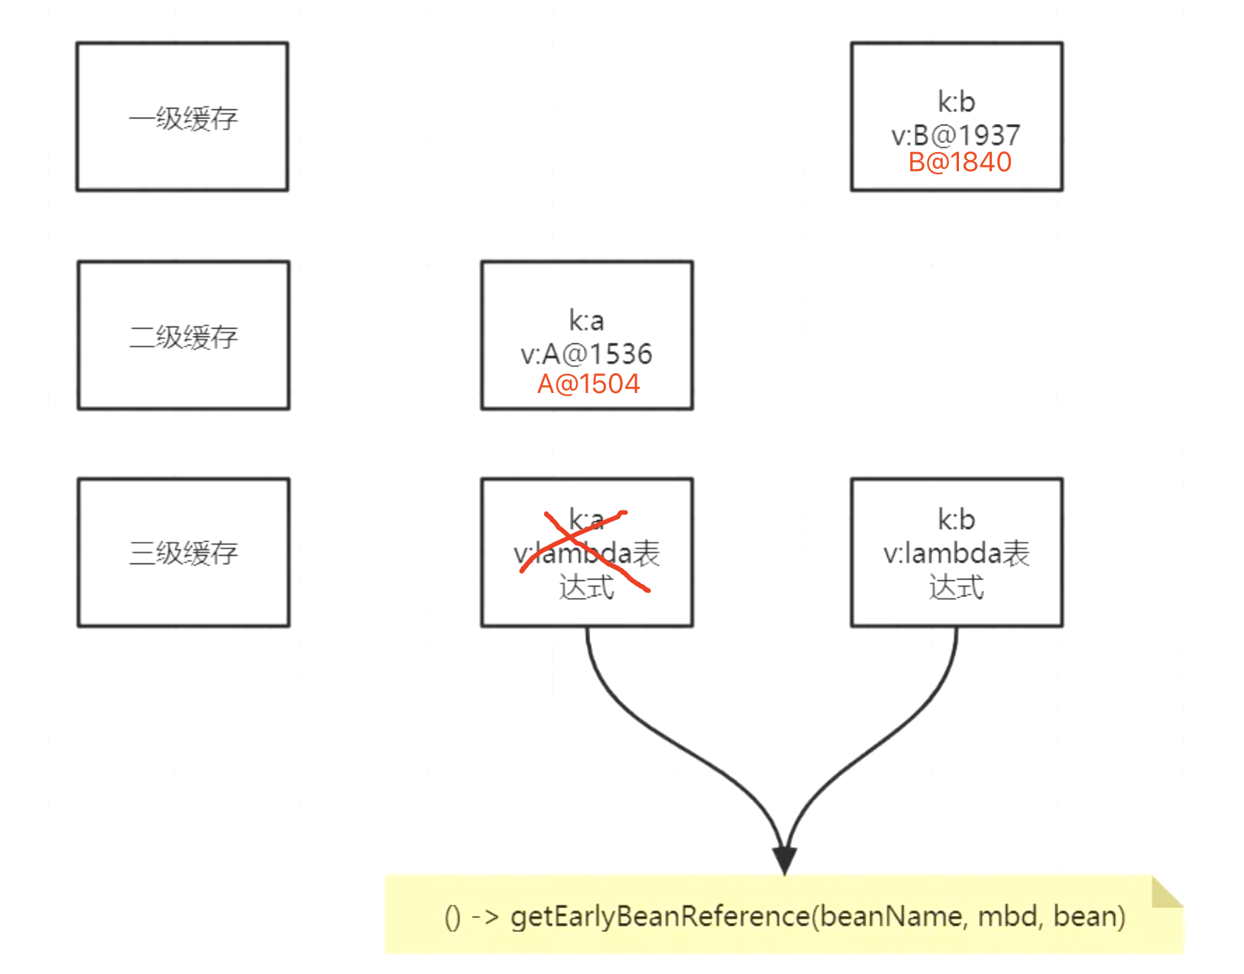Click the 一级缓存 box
[x=182, y=117]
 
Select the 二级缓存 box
[x=183, y=336]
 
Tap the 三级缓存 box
[x=183, y=552]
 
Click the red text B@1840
[x=960, y=162]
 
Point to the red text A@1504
[x=588, y=384]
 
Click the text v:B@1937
[x=955, y=135]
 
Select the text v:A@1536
[x=586, y=354]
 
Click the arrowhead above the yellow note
[x=785, y=859]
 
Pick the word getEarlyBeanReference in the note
[x=659, y=916]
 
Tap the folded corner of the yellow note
[x=1166, y=892]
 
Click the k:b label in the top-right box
[x=957, y=102]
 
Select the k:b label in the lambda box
[x=957, y=520]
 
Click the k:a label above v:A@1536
[x=586, y=320]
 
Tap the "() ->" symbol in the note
[x=471, y=917]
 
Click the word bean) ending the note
[x=1089, y=916]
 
